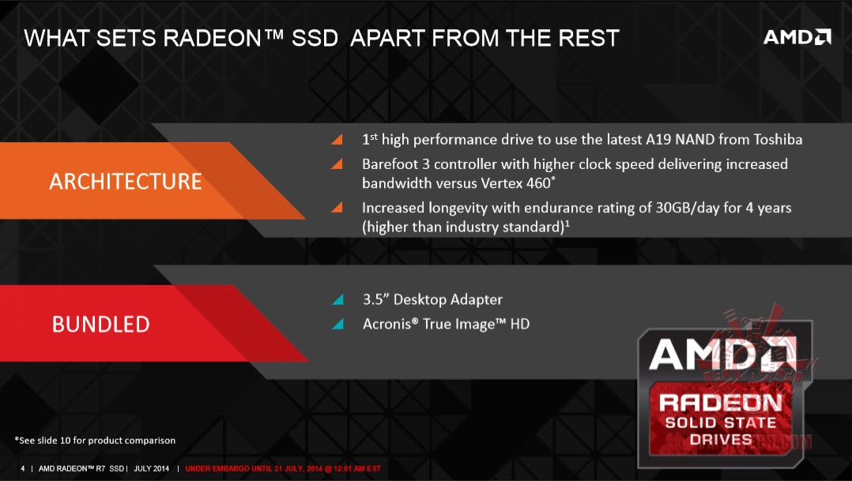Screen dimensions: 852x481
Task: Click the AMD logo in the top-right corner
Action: point(797,37)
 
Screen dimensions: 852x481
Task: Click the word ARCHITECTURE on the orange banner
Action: point(126,182)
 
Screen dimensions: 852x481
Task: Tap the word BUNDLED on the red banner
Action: point(100,324)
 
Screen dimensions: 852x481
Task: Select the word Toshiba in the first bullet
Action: point(778,140)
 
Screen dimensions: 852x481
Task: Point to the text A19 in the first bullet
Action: point(658,140)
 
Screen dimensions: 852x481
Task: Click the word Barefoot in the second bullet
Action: point(390,164)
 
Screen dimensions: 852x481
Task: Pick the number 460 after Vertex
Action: point(538,183)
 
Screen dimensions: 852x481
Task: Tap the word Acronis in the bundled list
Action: point(387,324)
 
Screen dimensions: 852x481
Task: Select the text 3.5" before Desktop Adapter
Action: point(375,299)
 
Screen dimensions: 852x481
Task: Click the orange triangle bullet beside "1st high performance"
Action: point(337,140)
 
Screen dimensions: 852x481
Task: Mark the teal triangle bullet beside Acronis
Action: point(337,324)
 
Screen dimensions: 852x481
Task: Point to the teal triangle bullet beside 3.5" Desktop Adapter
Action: point(337,299)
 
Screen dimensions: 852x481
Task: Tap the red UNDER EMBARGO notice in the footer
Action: point(283,468)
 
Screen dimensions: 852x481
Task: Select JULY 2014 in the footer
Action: point(151,468)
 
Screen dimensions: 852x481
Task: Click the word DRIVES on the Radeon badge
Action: point(721,439)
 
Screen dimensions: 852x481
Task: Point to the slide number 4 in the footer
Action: point(23,468)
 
